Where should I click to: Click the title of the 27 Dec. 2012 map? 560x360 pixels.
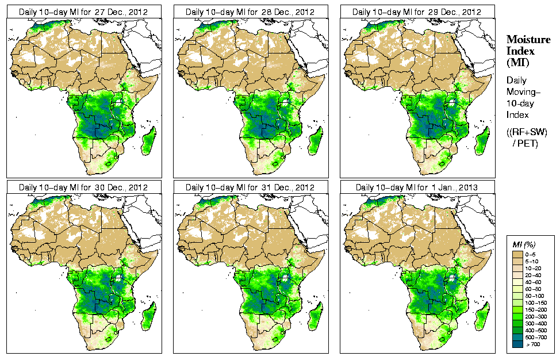tap(83, 12)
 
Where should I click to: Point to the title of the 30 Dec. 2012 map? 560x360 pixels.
tap(83, 187)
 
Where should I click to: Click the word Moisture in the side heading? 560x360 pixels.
tap(528, 39)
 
